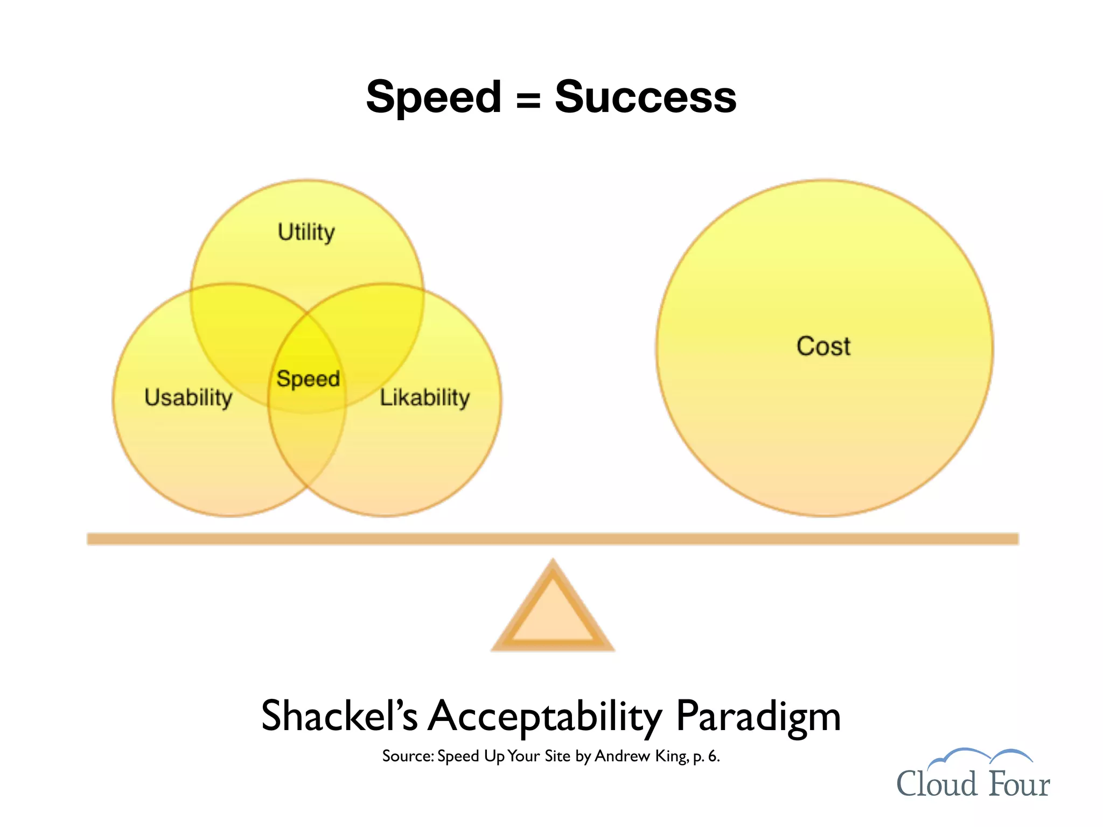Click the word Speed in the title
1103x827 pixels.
(x=433, y=97)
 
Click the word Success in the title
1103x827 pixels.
(x=645, y=97)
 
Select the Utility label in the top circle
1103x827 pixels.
(x=306, y=233)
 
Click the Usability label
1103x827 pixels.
(x=188, y=398)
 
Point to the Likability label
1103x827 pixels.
(x=424, y=398)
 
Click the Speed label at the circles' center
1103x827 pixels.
(x=308, y=379)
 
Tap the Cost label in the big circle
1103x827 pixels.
(x=823, y=346)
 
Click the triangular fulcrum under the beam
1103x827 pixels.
(x=553, y=614)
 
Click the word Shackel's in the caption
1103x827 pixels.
(x=339, y=716)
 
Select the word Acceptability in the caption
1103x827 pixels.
(x=544, y=716)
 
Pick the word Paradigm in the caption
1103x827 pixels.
(x=758, y=716)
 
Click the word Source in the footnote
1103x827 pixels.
(x=407, y=756)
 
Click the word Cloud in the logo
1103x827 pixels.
(x=936, y=784)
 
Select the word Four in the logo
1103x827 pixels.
(x=1019, y=784)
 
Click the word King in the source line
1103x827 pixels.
(x=671, y=756)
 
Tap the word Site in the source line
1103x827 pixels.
(x=557, y=756)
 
